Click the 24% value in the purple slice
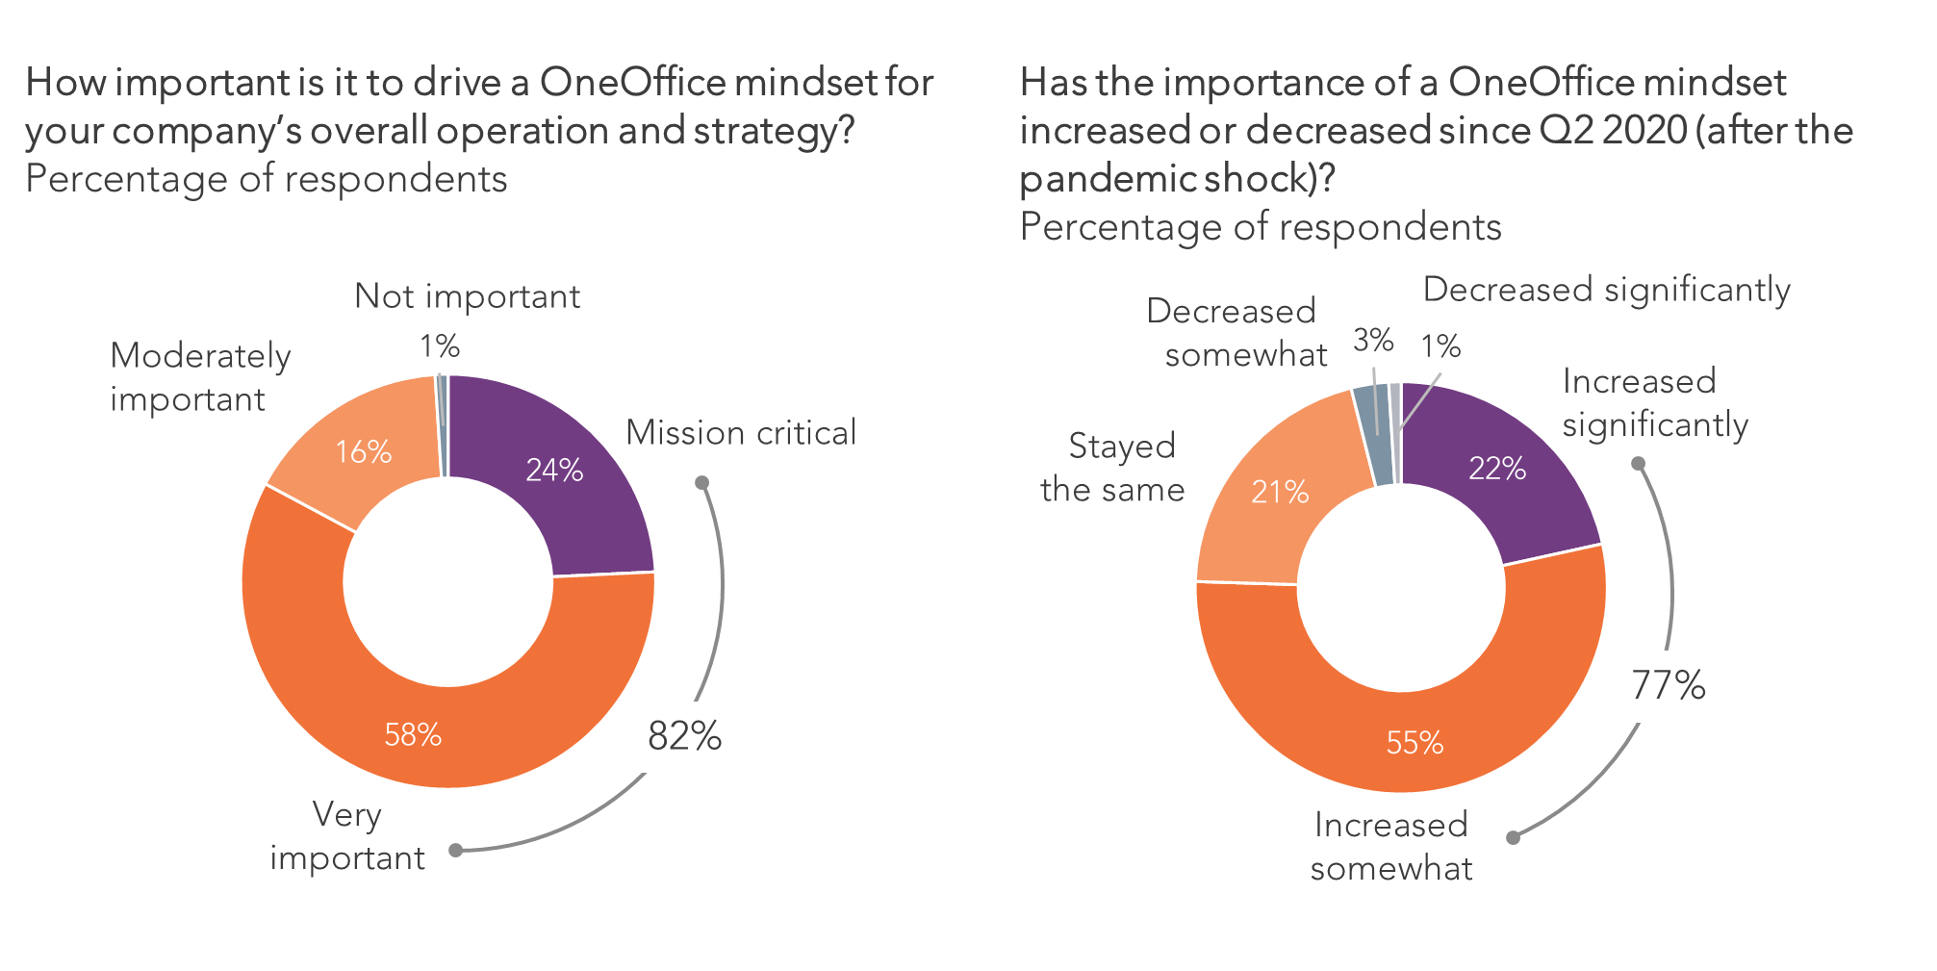pyautogui.click(x=554, y=470)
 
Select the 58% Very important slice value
pyautogui.click(x=413, y=735)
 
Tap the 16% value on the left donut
pyautogui.click(x=363, y=451)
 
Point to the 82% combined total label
pyautogui.click(x=684, y=736)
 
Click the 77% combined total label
pyautogui.click(x=1668, y=685)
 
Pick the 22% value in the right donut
pyautogui.click(x=1497, y=468)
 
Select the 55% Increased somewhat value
pyautogui.click(x=1415, y=742)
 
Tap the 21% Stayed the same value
pyautogui.click(x=1280, y=492)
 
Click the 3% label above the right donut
pyautogui.click(x=1373, y=340)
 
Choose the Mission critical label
pyautogui.click(x=741, y=433)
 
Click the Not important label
pyautogui.click(x=467, y=296)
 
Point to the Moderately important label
pyautogui.click(x=200, y=377)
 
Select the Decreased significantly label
pyautogui.click(x=1606, y=290)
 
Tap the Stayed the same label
pyautogui.click(x=1113, y=468)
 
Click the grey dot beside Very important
pyautogui.click(x=456, y=850)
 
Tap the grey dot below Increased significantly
pyautogui.click(x=1638, y=464)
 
